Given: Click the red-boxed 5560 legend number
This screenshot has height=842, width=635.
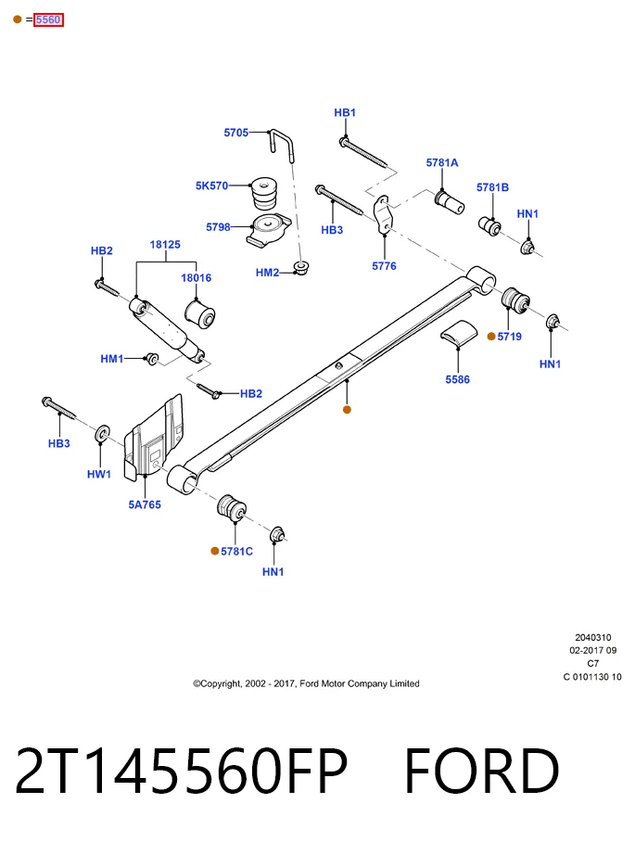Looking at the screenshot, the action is coord(48,19).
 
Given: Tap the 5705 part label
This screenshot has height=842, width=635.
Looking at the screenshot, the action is coord(236,133).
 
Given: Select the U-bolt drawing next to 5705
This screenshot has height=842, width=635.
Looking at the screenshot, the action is coord(283,145).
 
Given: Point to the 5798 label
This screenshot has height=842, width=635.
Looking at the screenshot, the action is coord(218,227).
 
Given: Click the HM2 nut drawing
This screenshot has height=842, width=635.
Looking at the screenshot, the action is coord(302,267).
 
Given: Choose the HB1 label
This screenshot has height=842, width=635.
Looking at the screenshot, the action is coord(345,113).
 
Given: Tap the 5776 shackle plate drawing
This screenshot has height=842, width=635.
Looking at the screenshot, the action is coord(384,214).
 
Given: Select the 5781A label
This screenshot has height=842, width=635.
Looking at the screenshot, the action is coord(442,162).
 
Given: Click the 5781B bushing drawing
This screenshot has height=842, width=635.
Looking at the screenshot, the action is coord(489,225).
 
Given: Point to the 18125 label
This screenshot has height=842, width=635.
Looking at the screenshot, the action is coord(165,245).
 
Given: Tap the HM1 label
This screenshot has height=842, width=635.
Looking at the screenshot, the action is coord(111,359).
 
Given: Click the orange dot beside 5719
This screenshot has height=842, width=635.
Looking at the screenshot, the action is coord(491,337).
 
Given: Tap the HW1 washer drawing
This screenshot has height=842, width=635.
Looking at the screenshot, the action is coord(102,434).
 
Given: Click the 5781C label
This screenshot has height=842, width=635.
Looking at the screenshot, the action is coord(236,552).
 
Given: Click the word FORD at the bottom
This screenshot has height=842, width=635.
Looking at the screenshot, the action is coord(481,772).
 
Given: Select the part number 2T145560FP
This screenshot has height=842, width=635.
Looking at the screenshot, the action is coord(182,772).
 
